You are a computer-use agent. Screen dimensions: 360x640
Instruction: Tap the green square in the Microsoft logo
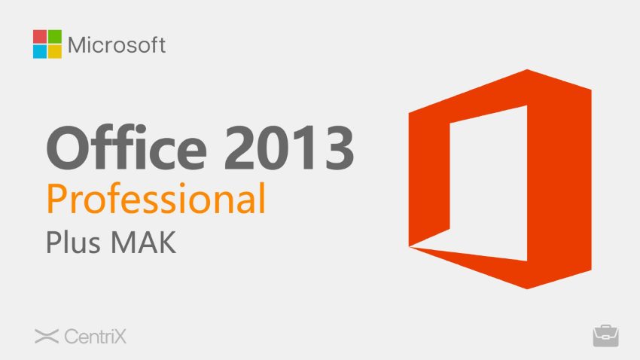point(53,36)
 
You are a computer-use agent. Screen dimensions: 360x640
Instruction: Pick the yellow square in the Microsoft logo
point(53,50)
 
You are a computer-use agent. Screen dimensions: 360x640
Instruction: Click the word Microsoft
point(117,44)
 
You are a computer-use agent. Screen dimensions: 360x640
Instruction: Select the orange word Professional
point(156,200)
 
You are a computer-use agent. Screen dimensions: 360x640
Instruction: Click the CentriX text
point(95,337)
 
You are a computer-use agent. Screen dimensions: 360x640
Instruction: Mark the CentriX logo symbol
point(47,337)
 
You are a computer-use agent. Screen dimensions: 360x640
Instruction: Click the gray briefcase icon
point(605,336)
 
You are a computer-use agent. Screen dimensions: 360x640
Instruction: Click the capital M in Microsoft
point(78,44)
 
